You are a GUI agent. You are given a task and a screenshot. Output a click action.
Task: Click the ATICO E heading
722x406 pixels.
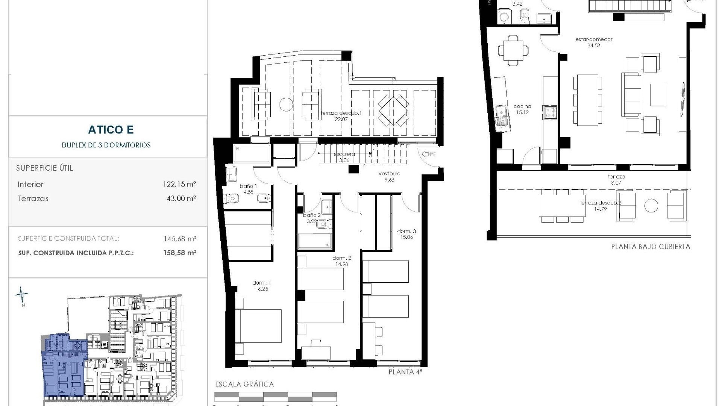[111, 130]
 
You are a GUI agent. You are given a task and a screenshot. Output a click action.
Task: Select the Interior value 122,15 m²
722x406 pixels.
[181, 184]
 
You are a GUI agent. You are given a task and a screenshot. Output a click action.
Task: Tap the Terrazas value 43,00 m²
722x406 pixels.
[181, 198]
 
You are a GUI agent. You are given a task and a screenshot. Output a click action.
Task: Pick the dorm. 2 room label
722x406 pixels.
[342, 258]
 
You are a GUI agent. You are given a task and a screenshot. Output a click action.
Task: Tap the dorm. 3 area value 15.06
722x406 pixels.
[407, 237]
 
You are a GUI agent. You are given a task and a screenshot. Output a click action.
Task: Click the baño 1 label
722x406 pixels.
[249, 186]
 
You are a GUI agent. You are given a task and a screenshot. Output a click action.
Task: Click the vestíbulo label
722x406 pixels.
[389, 174]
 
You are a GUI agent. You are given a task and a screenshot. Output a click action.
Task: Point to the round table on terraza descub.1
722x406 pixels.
[286, 104]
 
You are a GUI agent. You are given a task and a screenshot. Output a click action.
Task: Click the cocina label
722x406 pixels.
[522, 106]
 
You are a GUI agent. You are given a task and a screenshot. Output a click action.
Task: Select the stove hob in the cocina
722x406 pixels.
[549, 112]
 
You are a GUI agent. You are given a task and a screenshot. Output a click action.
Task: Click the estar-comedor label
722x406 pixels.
[594, 39]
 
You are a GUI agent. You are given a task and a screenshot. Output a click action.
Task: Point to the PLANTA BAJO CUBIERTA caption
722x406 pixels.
[650, 247]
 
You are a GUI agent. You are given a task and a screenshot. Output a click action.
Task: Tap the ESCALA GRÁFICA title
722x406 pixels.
[244, 384]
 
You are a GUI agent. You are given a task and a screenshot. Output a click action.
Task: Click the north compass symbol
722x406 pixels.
[22, 295]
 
